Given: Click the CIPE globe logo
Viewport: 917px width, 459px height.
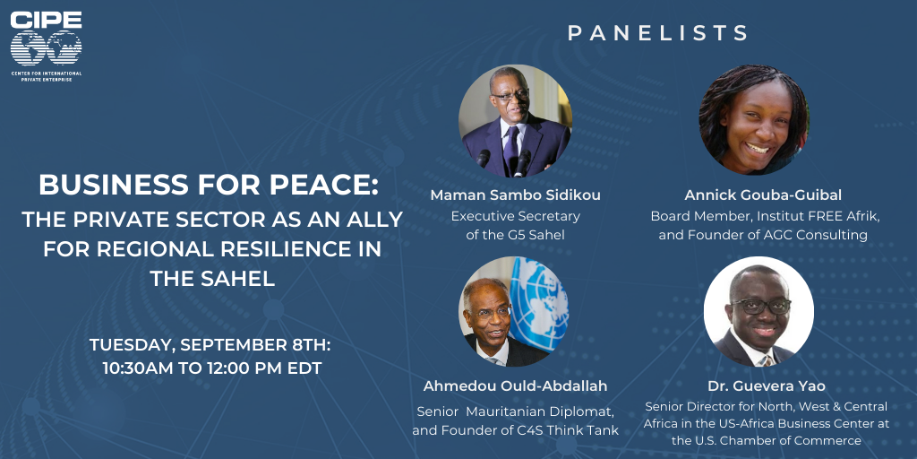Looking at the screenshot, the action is pos(46,47).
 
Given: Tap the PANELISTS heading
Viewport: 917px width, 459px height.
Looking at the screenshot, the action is pos(658,33).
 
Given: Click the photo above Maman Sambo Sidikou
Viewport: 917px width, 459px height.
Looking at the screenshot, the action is pos(515,121).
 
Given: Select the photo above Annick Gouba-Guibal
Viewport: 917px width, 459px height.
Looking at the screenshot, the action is pos(754,119).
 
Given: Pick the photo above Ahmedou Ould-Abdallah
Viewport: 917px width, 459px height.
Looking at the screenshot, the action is pos(514,311).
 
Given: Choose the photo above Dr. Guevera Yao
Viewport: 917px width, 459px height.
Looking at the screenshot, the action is pos(758,311).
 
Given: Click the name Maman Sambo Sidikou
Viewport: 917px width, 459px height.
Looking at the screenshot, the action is pos(515,195).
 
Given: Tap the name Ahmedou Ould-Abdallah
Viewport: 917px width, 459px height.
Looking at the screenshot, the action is pos(515,387).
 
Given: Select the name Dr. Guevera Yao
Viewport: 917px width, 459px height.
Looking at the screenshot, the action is pos(767,387).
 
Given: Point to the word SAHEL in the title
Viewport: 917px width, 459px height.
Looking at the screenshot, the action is pos(242,279).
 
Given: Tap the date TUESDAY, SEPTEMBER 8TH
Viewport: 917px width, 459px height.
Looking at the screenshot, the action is pos(210,345).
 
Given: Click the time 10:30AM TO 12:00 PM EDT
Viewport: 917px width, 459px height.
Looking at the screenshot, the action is pos(211,369).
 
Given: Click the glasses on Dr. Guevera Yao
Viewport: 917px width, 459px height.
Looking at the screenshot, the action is pos(761,305).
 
